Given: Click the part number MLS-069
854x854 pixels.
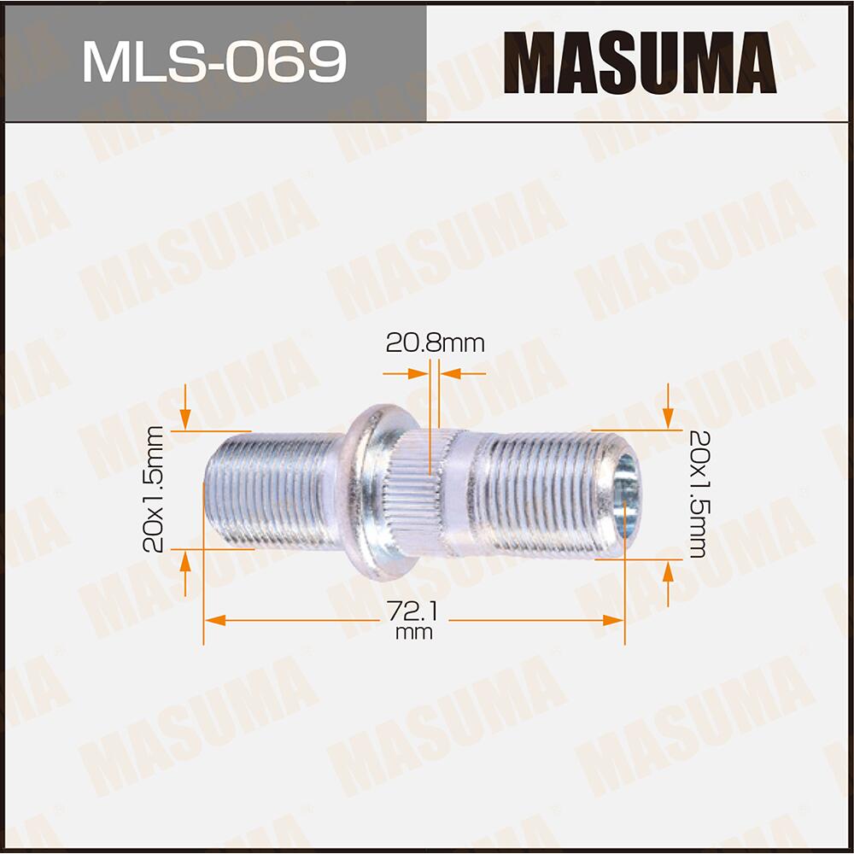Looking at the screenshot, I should click(213, 62).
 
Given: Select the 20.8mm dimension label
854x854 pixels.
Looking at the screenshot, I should click(435, 343).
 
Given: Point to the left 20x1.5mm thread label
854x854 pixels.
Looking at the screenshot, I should click(155, 490).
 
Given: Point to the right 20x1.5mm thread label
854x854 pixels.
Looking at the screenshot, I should click(696, 493).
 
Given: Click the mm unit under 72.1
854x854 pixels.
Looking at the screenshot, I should click(414, 633).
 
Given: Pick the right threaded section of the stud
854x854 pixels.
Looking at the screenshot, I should click(547, 494).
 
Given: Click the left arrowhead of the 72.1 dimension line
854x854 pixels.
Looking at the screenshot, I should click(214, 620).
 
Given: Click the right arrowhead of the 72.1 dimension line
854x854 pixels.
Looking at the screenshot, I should click(614, 620).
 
